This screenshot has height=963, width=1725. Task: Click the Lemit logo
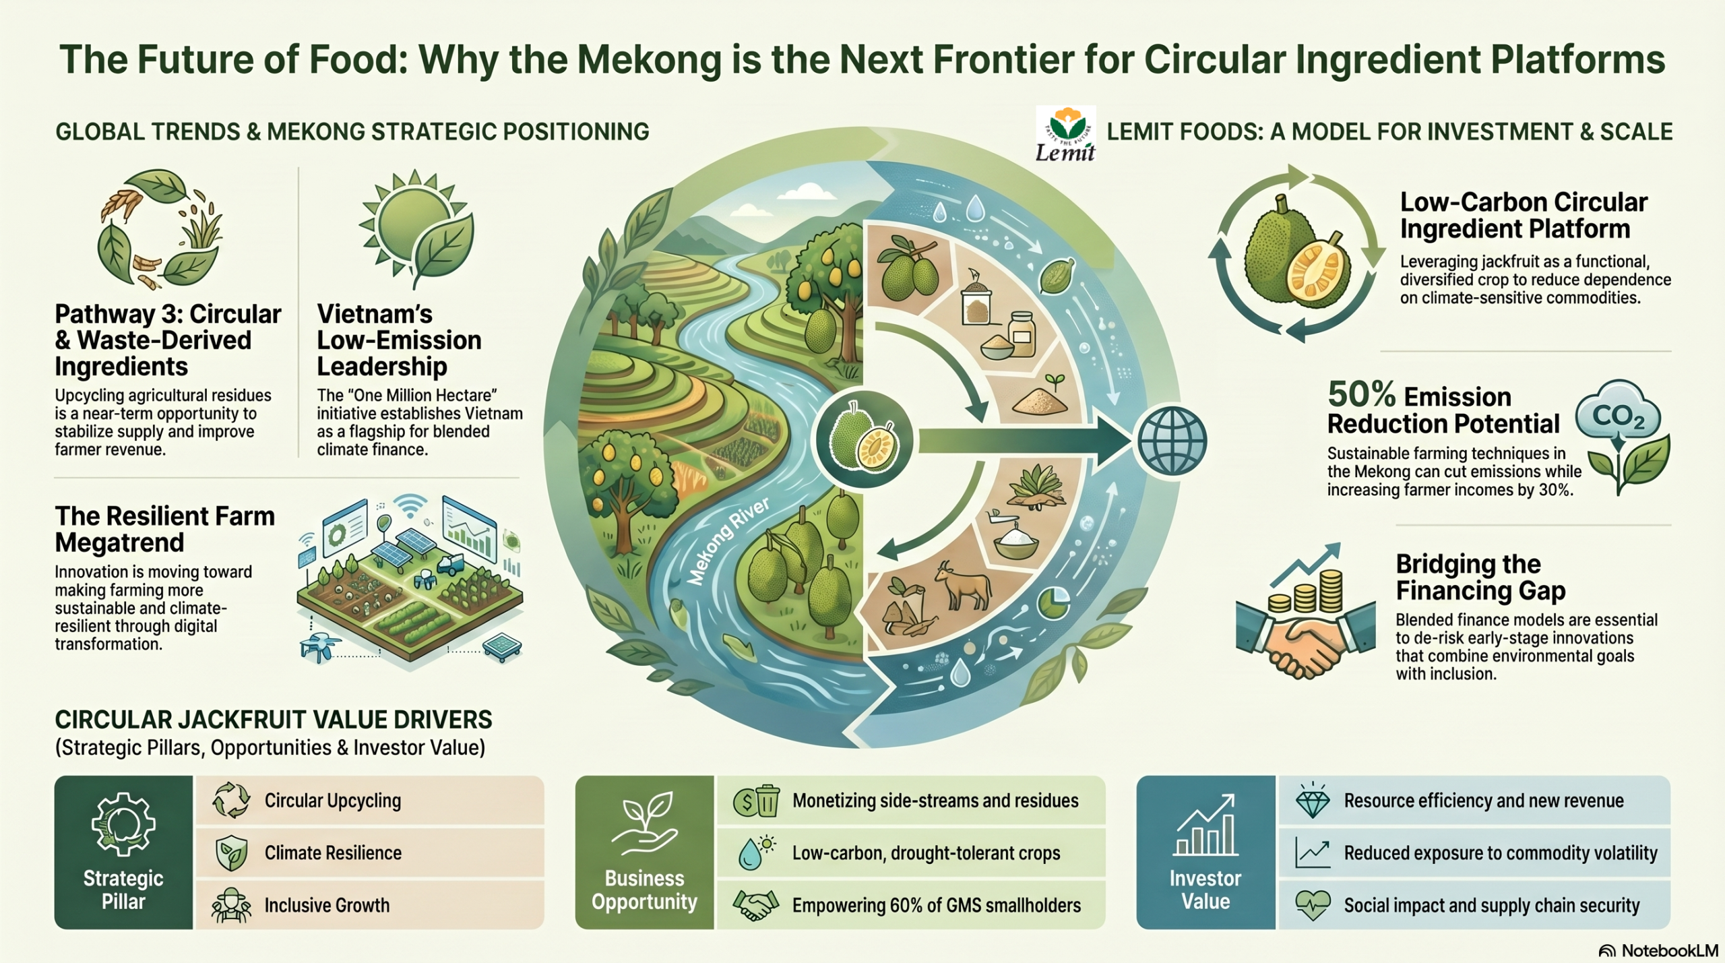coord(1065,134)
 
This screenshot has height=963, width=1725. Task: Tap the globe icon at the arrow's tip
coord(1171,441)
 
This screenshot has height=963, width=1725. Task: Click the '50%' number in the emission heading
coord(1361,394)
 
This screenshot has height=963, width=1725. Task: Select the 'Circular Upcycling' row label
coord(332,801)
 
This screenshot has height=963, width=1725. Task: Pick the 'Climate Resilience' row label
coord(333,853)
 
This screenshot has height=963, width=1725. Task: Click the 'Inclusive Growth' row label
coord(327,905)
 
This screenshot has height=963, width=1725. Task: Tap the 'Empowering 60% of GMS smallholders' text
coord(937,905)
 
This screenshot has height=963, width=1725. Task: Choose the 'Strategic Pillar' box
coord(124,852)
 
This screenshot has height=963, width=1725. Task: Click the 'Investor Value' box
coord(1205,852)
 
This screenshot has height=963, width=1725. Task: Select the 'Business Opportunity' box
coord(644,852)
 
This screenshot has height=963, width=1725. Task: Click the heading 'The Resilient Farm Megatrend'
coord(165,529)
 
